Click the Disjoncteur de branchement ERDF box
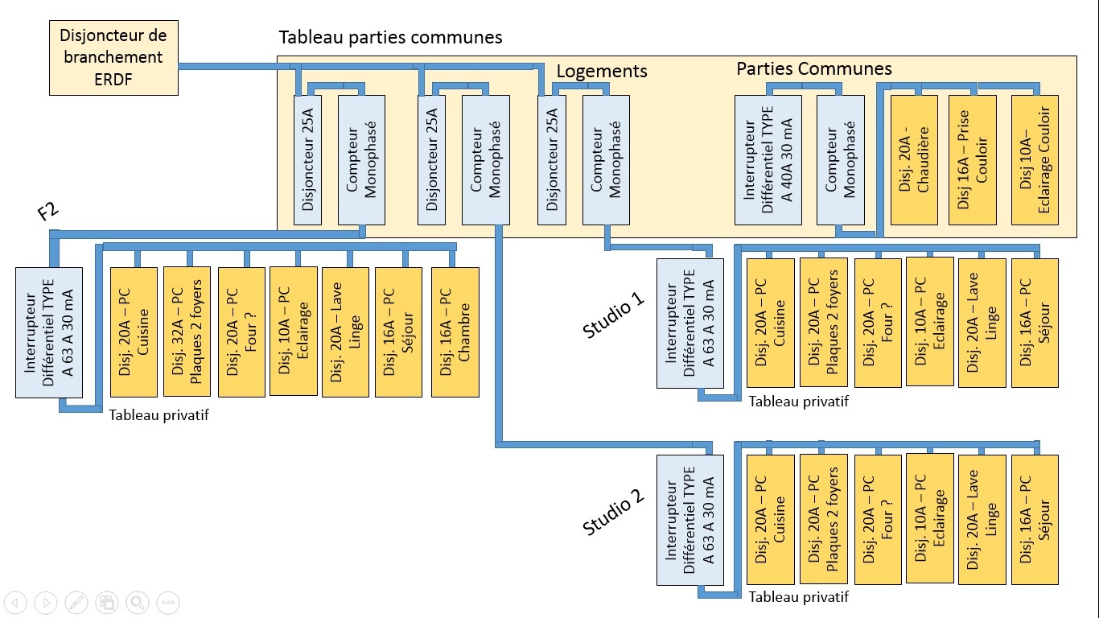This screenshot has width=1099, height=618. tap(113, 58)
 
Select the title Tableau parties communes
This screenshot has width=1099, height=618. tap(390, 38)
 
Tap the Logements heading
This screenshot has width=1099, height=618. tap(603, 71)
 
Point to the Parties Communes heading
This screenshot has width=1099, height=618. tap(814, 69)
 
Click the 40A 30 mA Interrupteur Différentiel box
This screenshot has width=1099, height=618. tap(768, 159)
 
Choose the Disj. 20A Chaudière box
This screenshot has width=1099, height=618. tap(915, 159)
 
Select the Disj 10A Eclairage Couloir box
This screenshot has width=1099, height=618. tap(1035, 159)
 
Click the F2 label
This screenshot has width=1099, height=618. tap(47, 213)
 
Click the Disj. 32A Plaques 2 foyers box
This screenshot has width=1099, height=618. tap(187, 332)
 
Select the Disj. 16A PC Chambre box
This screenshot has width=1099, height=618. tap(455, 332)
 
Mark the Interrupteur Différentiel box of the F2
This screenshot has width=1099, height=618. tap(49, 332)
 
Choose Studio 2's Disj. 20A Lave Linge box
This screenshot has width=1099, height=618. tap(982, 519)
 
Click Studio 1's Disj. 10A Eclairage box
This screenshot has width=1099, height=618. tap(930, 322)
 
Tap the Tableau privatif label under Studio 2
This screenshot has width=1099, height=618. tap(798, 597)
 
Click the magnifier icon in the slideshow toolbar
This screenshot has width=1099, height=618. tap(137, 602)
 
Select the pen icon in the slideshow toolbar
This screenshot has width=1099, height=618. tap(76, 602)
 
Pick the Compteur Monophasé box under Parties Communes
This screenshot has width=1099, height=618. tap(840, 159)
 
